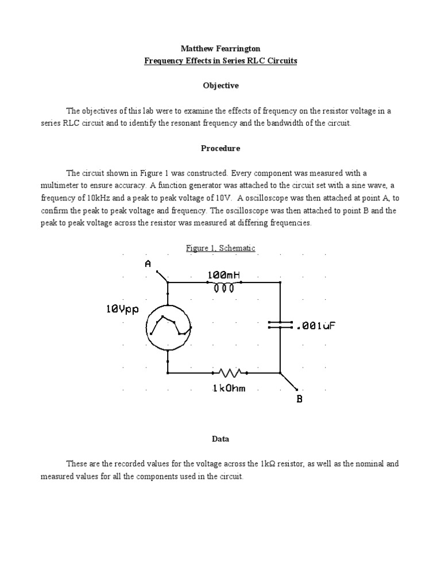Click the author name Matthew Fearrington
(220, 48)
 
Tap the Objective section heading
(220, 86)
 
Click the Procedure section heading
(220, 148)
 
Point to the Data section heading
(220, 439)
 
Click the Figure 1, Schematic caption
(220, 248)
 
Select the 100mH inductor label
(223, 276)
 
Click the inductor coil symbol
(224, 288)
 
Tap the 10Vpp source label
(122, 310)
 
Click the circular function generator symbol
(168, 327)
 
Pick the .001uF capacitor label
(315, 326)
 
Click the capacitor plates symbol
(280, 325)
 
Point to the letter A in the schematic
(148, 264)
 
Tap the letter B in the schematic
(299, 399)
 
